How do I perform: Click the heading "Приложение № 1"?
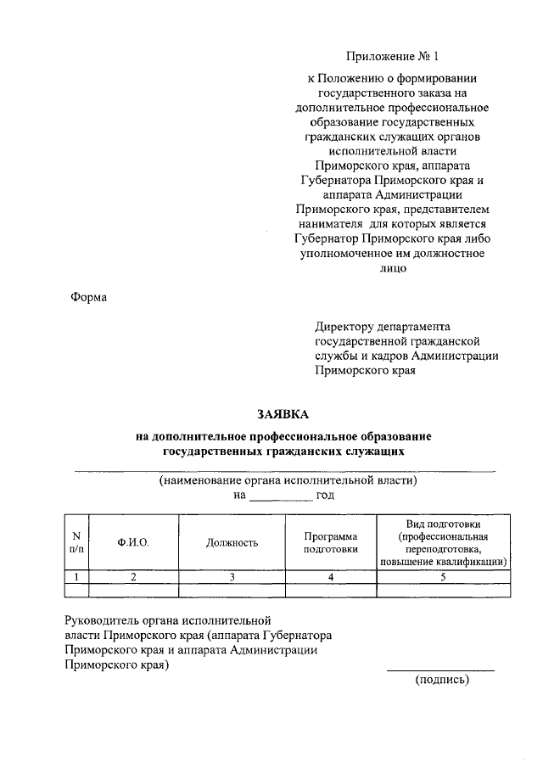pyautogui.click(x=394, y=57)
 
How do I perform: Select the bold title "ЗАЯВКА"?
pyautogui.click(x=284, y=415)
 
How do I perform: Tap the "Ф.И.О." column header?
pyautogui.click(x=133, y=542)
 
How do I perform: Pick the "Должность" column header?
pyautogui.click(x=232, y=542)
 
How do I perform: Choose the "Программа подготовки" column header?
pyautogui.click(x=331, y=542)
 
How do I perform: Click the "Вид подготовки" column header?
pyautogui.click(x=445, y=542)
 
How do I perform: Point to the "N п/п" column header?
pyautogui.click(x=76, y=542)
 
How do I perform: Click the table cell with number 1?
pyautogui.click(x=76, y=577)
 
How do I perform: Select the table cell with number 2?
pyautogui.click(x=133, y=577)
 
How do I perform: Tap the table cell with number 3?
pyautogui.click(x=232, y=577)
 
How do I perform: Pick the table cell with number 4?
pyautogui.click(x=331, y=577)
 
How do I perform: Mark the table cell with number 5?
pyautogui.click(x=445, y=577)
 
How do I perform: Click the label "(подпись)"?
pyautogui.click(x=441, y=680)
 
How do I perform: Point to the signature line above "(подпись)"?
pyautogui.click(x=440, y=670)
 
